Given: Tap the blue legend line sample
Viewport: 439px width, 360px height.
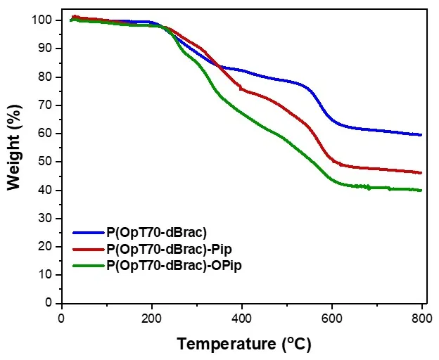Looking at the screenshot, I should [87, 233].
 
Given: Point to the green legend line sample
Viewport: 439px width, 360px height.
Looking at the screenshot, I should [87, 266].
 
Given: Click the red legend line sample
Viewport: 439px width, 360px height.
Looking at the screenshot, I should [87, 249].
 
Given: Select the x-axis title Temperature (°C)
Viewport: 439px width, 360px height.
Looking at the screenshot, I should [243, 344].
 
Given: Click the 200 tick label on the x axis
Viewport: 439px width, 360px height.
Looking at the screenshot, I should [152, 318].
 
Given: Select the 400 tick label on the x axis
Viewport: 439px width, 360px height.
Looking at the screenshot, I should [242, 318].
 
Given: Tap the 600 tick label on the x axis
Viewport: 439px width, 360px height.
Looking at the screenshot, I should [332, 318].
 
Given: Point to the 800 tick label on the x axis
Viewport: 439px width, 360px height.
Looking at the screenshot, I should [421, 318].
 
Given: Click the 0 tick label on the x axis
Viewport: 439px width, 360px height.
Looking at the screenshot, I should [62, 318].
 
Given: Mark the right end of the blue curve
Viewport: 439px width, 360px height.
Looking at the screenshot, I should [421, 134].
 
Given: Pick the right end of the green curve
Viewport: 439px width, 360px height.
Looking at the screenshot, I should [421, 190].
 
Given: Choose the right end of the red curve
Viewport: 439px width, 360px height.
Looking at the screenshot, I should [421, 172].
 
